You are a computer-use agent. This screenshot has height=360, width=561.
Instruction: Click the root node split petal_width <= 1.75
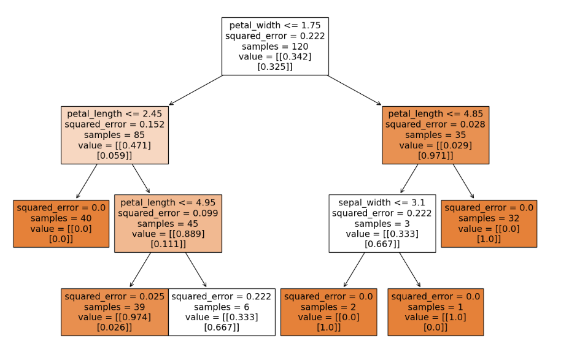(x=275, y=46)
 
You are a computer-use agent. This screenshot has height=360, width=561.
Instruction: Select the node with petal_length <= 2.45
(x=115, y=135)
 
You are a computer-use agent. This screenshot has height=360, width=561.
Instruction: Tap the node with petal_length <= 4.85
(x=435, y=135)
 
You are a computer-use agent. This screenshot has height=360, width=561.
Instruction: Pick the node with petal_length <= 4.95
(x=168, y=223)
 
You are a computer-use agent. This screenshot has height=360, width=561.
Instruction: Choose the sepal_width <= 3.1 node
(x=382, y=223)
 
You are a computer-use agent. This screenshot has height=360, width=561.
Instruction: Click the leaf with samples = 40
(x=61, y=223)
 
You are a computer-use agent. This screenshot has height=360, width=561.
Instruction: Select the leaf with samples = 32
(x=489, y=223)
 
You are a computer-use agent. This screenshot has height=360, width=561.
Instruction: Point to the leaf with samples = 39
(x=115, y=312)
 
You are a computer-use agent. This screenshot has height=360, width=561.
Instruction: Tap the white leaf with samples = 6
(x=222, y=312)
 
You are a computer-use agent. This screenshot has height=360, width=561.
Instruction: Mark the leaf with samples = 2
(x=328, y=312)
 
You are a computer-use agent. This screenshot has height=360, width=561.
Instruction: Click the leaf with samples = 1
(x=435, y=312)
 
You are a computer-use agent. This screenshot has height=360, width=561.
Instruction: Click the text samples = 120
(x=275, y=47)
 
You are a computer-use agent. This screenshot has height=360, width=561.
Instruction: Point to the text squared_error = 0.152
(x=115, y=124)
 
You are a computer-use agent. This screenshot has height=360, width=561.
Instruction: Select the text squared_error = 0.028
(x=435, y=124)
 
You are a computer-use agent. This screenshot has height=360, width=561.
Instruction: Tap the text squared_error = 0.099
(x=168, y=213)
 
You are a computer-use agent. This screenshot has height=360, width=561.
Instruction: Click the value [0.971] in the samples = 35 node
(x=435, y=156)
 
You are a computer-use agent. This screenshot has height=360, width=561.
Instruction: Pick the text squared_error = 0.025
(x=115, y=296)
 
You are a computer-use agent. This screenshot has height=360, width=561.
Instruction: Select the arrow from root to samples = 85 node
(x=195, y=91)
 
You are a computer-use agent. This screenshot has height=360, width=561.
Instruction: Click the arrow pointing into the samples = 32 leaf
(x=464, y=181)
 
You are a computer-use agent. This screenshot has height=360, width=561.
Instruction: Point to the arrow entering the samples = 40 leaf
(x=87, y=181)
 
